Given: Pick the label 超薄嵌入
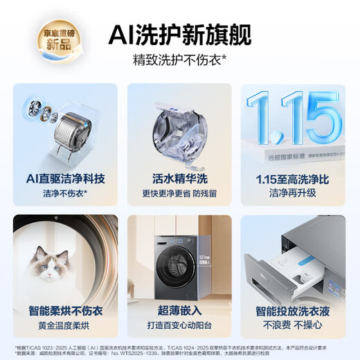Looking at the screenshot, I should (x=179, y=311).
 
